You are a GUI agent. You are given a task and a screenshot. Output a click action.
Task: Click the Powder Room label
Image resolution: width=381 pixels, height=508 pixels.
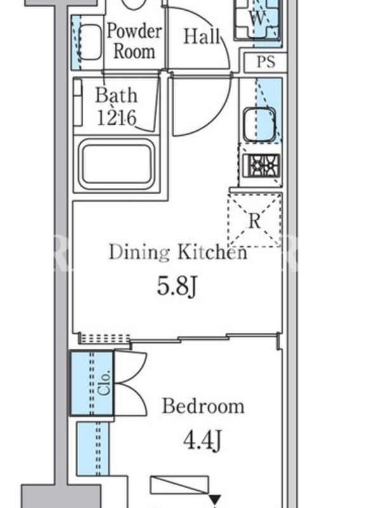(x=134, y=41)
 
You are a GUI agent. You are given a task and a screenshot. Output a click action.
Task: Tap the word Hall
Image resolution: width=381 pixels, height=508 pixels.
(x=202, y=36)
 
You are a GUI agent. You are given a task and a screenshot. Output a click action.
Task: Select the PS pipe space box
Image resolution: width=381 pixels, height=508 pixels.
(x=265, y=62)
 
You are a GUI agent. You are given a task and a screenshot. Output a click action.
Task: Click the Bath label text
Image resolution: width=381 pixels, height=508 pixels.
(x=116, y=95)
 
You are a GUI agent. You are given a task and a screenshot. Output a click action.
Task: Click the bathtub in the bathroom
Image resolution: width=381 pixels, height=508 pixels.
(x=117, y=164)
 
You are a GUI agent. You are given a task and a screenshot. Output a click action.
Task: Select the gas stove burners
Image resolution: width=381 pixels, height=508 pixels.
(x=261, y=166)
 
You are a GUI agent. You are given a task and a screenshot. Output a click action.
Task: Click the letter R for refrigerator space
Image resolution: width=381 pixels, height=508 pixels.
(x=255, y=221)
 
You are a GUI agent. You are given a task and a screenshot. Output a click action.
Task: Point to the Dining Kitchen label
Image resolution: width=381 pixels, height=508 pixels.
(x=178, y=251)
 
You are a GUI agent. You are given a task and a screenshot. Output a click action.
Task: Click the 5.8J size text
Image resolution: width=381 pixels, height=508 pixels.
(x=177, y=286)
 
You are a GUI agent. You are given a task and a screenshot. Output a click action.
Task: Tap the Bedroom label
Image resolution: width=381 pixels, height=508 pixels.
(x=203, y=406)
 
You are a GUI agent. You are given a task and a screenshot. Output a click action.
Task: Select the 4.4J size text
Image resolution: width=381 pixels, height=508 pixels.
(x=203, y=440)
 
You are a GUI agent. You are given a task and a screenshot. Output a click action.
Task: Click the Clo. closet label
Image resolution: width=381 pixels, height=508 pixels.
(x=105, y=382)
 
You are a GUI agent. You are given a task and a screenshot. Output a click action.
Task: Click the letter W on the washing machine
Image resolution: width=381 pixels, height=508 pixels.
(x=258, y=18)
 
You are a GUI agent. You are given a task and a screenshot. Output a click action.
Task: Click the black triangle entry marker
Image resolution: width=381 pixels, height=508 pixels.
(x=215, y=500)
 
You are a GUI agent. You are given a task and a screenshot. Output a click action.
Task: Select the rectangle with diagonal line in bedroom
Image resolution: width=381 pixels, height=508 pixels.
(x=179, y=485)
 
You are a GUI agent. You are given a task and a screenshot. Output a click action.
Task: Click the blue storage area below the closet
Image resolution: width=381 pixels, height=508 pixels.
(x=93, y=448)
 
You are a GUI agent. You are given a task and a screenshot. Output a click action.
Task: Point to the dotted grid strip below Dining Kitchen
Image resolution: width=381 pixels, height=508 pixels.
(x=105, y=338)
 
